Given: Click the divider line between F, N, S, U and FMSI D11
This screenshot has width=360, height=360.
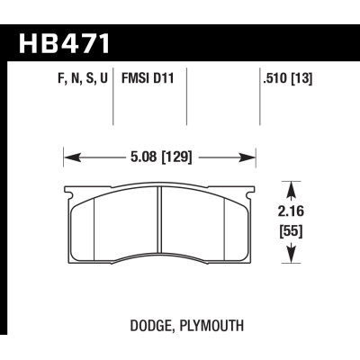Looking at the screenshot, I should (x=114, y=103).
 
